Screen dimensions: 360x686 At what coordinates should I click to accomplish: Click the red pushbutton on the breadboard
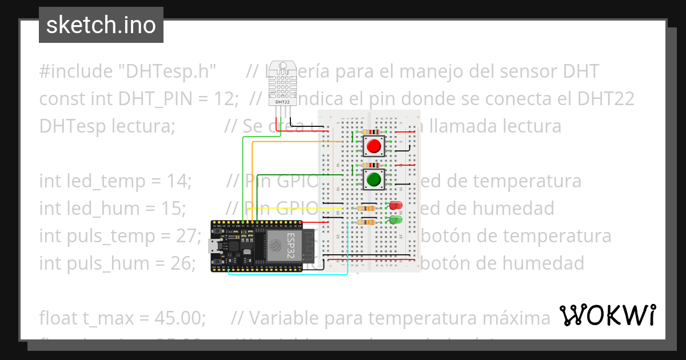coord(374,146)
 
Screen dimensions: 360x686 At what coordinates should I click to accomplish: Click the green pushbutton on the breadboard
coord(374,179)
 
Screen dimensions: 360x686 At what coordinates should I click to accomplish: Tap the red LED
coord(394,206)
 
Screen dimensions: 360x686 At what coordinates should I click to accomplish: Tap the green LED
coord(394,219)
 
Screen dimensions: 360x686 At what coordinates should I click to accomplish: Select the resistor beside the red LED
coord(366,208)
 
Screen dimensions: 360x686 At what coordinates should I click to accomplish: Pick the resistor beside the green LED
coord(366,222)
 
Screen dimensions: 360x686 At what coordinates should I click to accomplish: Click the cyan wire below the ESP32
coord(286,274)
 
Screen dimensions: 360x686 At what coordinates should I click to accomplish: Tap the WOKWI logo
coord(607,315)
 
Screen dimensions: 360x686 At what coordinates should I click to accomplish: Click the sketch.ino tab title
coord(101,25)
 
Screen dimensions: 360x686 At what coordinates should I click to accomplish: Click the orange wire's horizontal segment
coord(297,142)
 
